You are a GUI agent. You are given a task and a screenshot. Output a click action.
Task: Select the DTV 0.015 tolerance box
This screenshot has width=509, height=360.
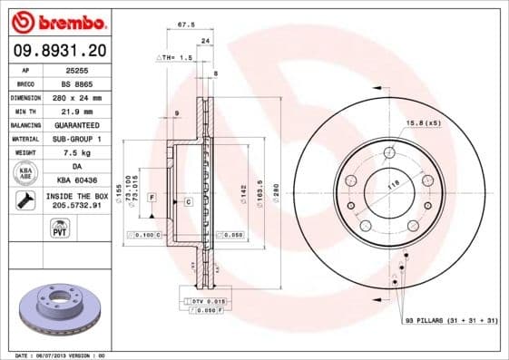click(204, 299)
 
